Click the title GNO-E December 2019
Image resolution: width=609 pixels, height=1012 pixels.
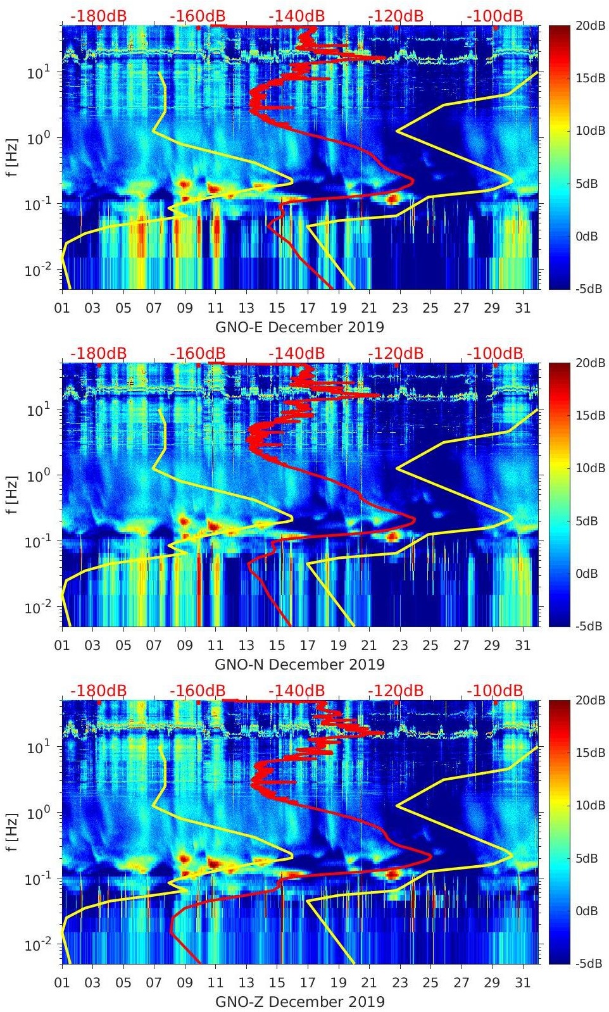coord(299,327)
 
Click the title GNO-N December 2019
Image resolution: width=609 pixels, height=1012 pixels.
coord(299,665)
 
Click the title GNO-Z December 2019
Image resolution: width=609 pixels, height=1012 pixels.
coord(299,1002)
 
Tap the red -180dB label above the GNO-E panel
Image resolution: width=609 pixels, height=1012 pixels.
coord(98,16)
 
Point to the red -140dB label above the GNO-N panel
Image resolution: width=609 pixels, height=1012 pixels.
coord(296,353)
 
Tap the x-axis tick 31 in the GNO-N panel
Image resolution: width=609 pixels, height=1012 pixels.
coord(522,646)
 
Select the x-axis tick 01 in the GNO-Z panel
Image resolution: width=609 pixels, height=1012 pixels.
coord(62,983)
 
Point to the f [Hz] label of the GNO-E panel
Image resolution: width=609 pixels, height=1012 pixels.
coord(13,158)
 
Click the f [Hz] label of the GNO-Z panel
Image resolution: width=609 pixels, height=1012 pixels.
coord(13,832)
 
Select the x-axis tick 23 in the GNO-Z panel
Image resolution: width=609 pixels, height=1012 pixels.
coord(399,983)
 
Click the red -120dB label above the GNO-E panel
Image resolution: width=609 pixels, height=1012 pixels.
coord(396,16)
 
